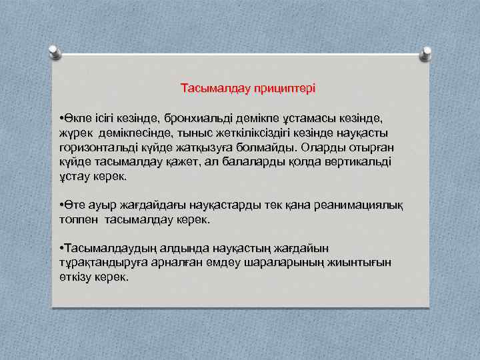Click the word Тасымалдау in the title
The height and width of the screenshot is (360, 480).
tap(210, 88)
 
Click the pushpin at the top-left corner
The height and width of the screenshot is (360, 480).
tap(57, 51)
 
